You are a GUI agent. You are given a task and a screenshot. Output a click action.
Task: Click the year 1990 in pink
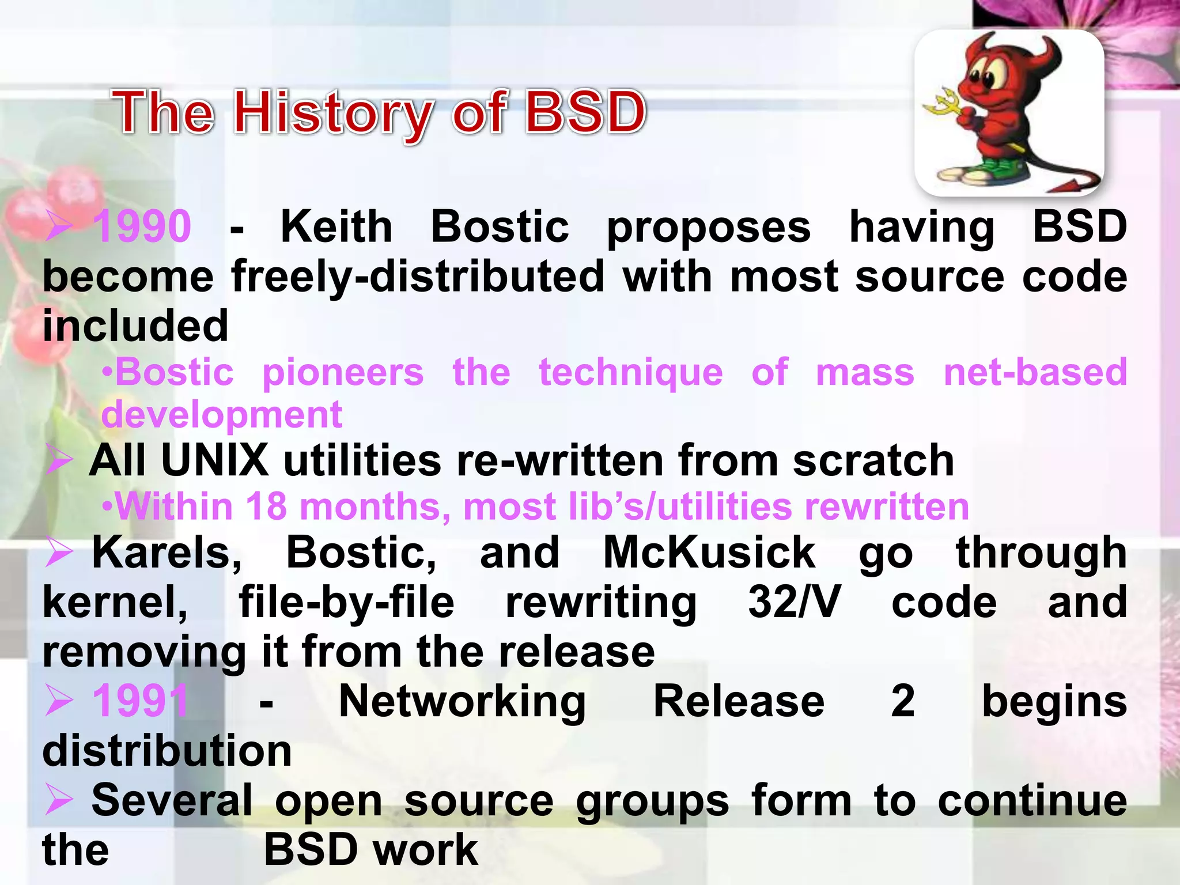pyautogui.click(x=142, y=226)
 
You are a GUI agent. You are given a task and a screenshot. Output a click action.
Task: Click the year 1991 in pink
pyautogui.click(x=141, y=701)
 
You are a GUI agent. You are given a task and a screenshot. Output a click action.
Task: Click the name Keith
pyautogui.click(x=336, y=226)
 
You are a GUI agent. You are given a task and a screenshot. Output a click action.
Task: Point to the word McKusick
pyautogui.click(x=709, y=553)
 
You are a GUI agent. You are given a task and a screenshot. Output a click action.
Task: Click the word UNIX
pyautogui.click(x=215, y=460)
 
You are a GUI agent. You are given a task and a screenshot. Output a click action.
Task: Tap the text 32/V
pyautogui.click(x=794, y=602)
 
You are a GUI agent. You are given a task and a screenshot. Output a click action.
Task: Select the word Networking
pyautogui.click(x=462, y=701)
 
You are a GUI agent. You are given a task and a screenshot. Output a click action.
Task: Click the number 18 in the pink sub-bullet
pyautogui.click(x=266, y=507)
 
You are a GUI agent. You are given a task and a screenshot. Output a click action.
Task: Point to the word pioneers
pyautogui.click(x=343, y=372)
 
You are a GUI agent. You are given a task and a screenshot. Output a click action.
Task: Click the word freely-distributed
pyautogui.click(x=418, y=277)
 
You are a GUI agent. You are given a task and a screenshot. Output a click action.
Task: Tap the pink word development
pyautogui.click(x=222, y=414)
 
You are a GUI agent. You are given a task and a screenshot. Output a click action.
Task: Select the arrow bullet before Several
pyautogui.click(x=59, y=801)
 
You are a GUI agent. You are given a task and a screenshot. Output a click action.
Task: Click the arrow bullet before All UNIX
pyautogui.click(x=59, y=460)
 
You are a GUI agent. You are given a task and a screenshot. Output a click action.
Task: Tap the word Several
pyautogui.click(x=172, y=800)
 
